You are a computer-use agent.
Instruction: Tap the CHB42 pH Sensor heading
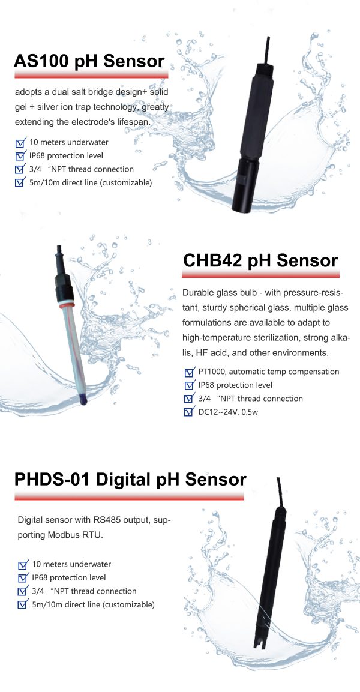click(x=259, y=261)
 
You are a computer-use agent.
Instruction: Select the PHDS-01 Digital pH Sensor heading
click(x=130, y=480)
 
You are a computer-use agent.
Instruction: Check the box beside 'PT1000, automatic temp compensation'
click(x=189, y=372)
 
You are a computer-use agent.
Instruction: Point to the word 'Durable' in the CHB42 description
click(x=199, y=294)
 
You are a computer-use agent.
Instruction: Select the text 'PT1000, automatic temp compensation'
click(x=269, y=372)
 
